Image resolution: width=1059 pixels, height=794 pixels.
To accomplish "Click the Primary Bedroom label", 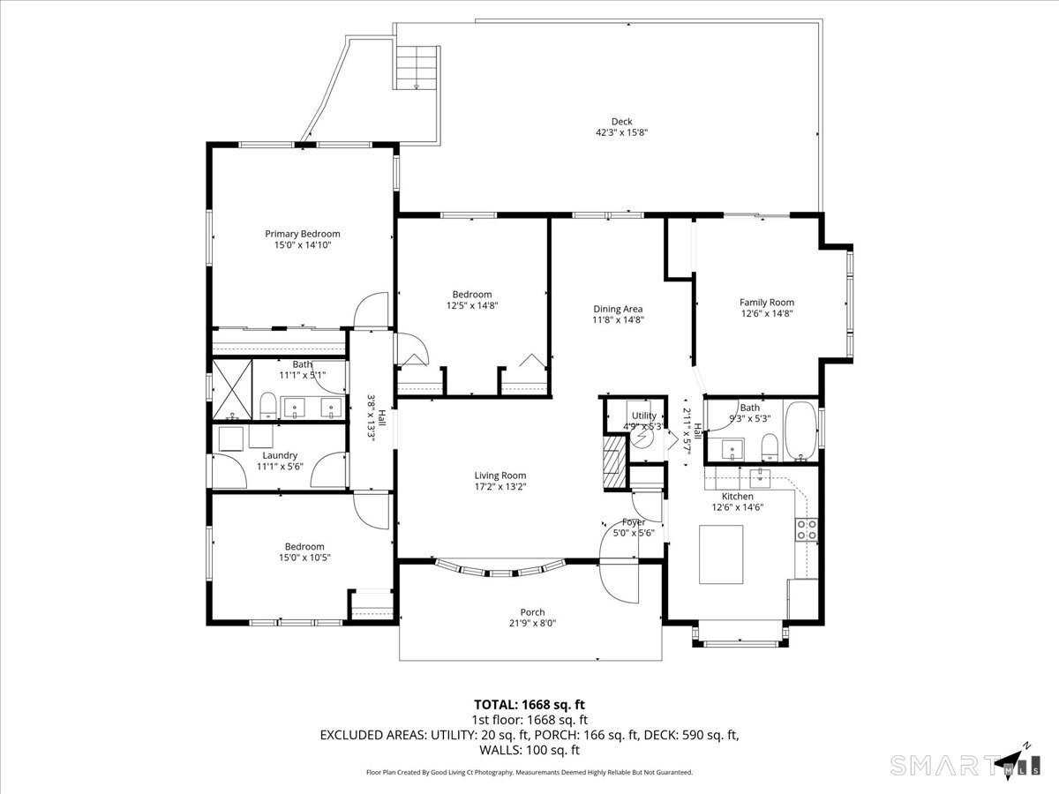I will (x=302, y=234).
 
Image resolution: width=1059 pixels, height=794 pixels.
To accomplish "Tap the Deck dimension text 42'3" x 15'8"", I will (x=621, y=133).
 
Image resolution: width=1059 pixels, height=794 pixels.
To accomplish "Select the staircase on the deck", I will (x=417, y=67).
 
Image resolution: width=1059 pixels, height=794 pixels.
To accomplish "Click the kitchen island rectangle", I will (x=721, y=554).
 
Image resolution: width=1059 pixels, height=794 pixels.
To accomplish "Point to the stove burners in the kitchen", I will (x=806, y=529).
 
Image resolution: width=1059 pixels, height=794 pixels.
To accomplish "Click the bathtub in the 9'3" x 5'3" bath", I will (x=801, y=431).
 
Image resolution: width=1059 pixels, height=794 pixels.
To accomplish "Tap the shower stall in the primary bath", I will (x=231, y=389).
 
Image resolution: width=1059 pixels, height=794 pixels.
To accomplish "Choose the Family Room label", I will (x=766, y=303).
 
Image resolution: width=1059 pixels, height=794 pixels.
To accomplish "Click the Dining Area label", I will (x=618, y=309).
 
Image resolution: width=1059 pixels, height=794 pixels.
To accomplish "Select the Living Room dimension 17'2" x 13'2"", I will (x=500, y=486).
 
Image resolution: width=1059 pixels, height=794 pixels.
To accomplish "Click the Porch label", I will (x=532, y=612).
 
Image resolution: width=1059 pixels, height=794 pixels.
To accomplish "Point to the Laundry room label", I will (x=280, y=455).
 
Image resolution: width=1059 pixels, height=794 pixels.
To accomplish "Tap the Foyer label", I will (x=633, y=522).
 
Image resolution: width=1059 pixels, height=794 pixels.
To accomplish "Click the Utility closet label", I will (x=644, y=416).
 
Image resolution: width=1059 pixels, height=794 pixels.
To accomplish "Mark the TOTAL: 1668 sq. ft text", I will (x=529, y=705).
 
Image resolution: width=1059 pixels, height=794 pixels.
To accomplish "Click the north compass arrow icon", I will (x=1011, y=760).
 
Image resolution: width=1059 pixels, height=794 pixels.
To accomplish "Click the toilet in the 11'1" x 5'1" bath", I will (x=267, y=406).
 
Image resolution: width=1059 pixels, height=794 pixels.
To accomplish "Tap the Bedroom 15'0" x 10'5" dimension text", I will (x=304, y=558).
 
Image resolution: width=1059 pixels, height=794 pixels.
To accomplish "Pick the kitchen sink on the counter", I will (x=759, y=478).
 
